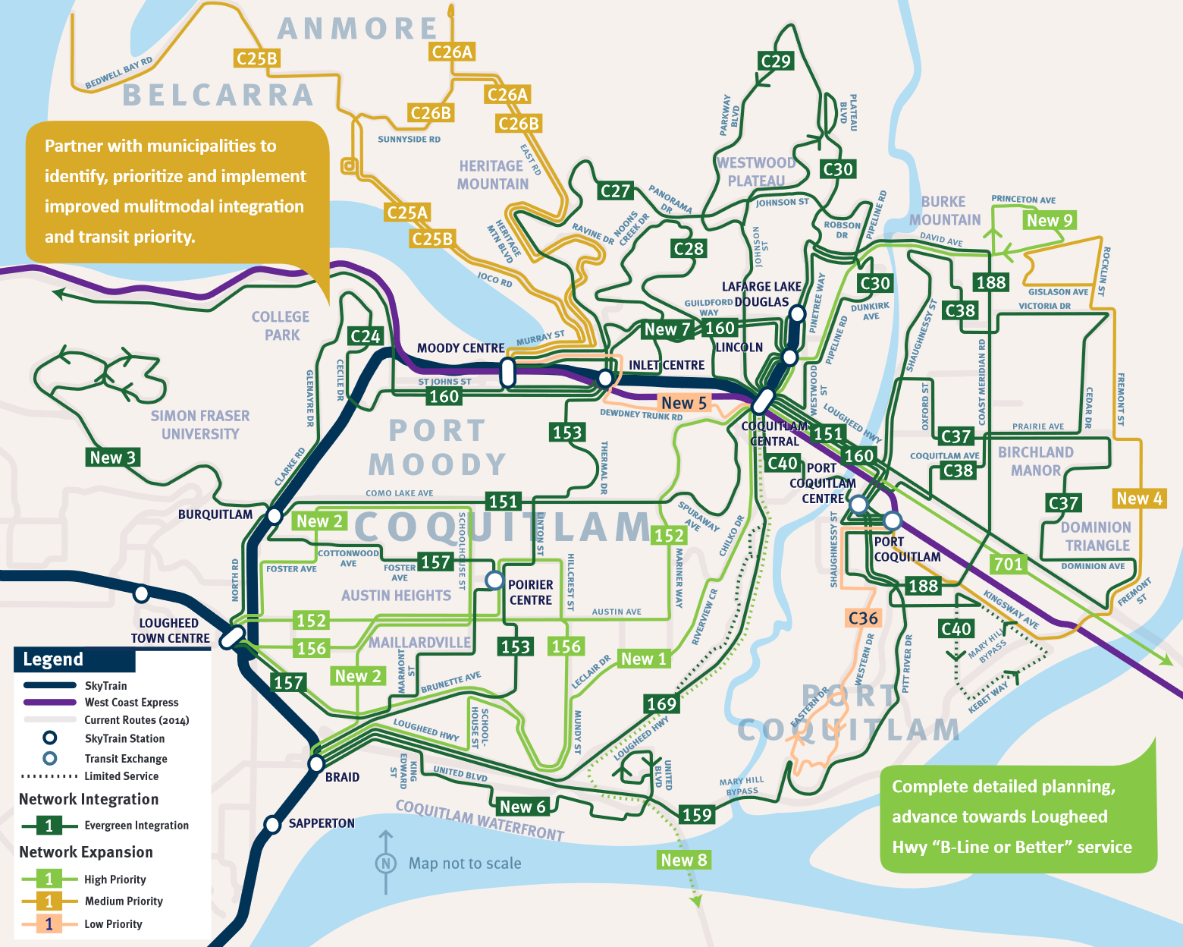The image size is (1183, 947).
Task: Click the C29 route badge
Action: pyautogui.click(x=775, y=61)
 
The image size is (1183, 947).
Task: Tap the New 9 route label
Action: pyautogui.click(x=1049, y=221)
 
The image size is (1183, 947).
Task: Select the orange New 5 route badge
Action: pyautogui.click(x=683, y=403)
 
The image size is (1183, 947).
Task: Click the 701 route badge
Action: pyautogui.click(x=1008, y=564)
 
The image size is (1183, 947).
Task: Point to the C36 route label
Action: pyautogui.click(x=863, y=618)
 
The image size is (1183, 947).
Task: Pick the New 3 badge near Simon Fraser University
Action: pyautogui.click(x=112, y=458)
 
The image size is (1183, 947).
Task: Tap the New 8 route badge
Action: pyautogui.click(x=683, y=860)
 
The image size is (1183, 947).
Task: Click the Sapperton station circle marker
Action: pyautogui.click(x=272, y=824)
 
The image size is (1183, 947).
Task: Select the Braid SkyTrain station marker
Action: pyautogui.click(x=316, y=763)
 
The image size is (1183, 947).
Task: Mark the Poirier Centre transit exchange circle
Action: pyautogui.click(x=494, y=580)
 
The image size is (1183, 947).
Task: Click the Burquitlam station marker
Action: pyautogui.click(x=274, y=516)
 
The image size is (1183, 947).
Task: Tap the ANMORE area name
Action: pyautogui.click(x=357, y=29)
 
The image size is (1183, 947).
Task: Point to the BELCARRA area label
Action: pyautogui.click(x=218, y=96)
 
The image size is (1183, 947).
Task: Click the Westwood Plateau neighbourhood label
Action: pyautogui.click(x=756, y=171)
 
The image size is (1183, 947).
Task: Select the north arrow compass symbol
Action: pyautogui.click(x=385, y=863)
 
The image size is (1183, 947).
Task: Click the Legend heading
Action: pyautogui.click(x=53, y=659)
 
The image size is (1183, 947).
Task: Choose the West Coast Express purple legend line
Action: pyautogui.click(x=50, y=703)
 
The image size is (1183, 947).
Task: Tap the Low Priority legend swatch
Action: pyautogui.click(x=49, y=924)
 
